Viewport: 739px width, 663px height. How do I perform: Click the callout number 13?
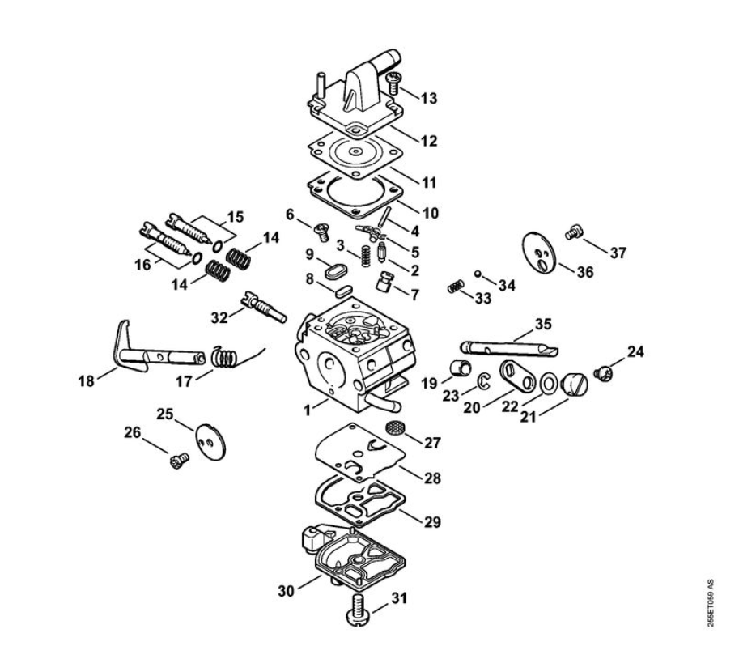coord(429,99)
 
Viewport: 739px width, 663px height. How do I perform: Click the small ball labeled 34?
coord(478,273)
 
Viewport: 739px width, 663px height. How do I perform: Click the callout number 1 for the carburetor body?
coord(308,410)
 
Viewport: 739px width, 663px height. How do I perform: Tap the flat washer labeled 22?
coord(548,380)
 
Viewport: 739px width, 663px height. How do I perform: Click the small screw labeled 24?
coord(602,373)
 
